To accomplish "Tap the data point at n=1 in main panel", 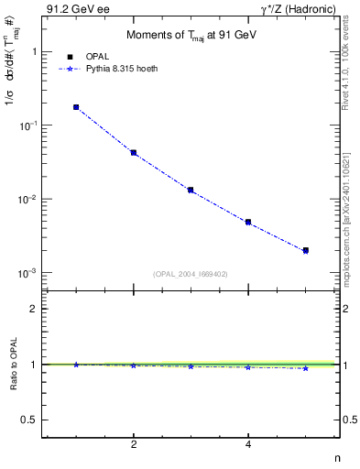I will point(76,107).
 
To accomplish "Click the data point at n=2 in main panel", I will point(134,153).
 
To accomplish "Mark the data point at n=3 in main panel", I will point(191,190).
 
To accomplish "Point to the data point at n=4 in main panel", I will point(248,222).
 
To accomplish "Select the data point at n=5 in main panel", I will point(305,250).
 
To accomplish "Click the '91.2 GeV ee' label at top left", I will point(72,10).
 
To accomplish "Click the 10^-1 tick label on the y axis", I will point(27,125).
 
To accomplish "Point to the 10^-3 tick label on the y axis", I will point(27,274).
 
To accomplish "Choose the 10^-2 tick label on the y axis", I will point(27,200).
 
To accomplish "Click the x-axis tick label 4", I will point(248,444).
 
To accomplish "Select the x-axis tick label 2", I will point(134,444).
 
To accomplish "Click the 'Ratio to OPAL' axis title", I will point(12,365).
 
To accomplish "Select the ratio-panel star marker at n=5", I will point(305,368).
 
